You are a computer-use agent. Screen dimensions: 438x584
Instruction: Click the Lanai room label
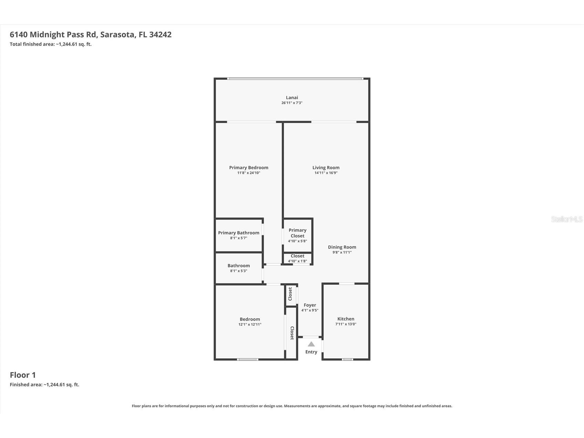pos(292,97)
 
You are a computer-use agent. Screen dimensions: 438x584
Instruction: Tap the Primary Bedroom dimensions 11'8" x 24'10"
pos(248,173)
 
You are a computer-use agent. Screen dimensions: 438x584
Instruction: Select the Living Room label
pos(326,168)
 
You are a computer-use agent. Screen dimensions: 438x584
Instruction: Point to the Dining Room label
pos(342,247)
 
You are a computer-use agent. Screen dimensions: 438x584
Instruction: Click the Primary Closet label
pos(297,233)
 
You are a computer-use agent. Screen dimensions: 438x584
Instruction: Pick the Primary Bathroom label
pos(238,233)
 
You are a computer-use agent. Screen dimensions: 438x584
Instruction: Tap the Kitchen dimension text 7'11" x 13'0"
pos(345,324)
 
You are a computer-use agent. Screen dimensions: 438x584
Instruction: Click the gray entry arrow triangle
pos(311,344)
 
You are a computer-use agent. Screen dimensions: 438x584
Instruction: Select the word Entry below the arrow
pos(311,352)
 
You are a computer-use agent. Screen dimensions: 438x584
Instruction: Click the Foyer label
pos(310,305)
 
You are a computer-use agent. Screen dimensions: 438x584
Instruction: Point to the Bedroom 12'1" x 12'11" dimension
pos(250,324)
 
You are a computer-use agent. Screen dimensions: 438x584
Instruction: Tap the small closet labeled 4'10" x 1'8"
pos(297,258)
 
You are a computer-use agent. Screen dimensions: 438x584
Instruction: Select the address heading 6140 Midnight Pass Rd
pos(90,34)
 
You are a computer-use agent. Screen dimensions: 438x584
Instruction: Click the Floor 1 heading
pos(23,375)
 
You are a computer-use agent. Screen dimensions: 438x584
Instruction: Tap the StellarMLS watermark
pos(566,219)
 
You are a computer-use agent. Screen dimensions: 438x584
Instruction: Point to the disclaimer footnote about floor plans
pos(292,406)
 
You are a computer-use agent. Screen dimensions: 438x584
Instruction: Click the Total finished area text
pos(50,44)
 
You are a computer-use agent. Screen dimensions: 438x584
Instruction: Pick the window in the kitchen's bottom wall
pos(347,359)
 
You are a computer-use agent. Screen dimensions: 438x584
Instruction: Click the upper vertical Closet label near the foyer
pos(290,294)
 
